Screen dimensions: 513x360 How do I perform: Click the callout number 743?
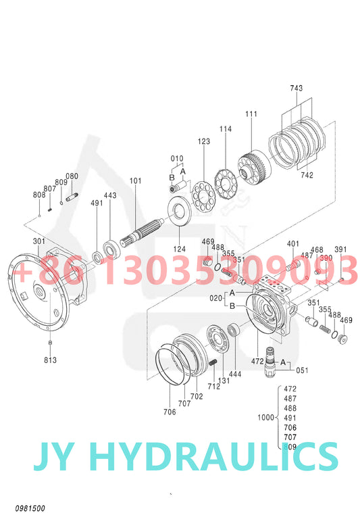(297, 89)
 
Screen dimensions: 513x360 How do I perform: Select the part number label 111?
(251, 115)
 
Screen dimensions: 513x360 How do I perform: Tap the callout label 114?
(225, 128)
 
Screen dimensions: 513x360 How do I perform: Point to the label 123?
(203, 142)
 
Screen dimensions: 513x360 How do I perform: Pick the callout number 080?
(72, 177)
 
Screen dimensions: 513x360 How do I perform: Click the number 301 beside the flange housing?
(38, 241)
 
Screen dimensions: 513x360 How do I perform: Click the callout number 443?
(110, 195)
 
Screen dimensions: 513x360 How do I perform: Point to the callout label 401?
(292, 244)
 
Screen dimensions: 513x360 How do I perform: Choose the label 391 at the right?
(340, 249)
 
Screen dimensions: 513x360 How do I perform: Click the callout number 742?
(307, 174)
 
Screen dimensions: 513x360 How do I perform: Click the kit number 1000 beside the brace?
(265, 417)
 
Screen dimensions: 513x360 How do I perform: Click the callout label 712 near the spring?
(214, 387)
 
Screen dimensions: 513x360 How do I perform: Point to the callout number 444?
(234, 373)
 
